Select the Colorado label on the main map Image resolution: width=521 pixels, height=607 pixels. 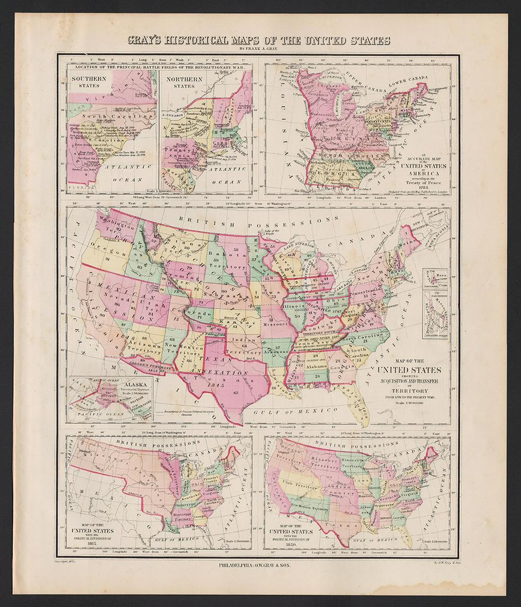[203, 312]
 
